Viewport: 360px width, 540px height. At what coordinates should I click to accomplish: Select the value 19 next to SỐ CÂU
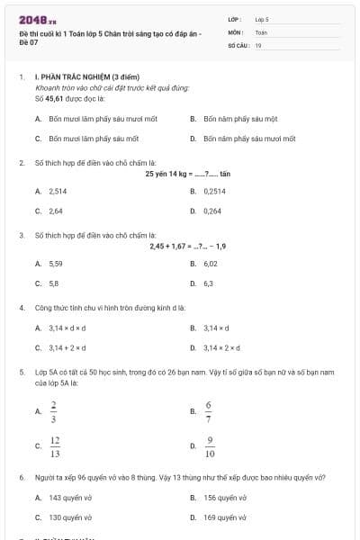pos(258,44)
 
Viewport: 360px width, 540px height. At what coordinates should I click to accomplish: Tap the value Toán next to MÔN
pos(261,31)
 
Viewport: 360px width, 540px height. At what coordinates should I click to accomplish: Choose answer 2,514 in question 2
pos(58,192)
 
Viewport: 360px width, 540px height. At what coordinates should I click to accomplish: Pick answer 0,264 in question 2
pos(213,211)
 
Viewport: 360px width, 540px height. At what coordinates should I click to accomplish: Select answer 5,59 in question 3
pos(56,264)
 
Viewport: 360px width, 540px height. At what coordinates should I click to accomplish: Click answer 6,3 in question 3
pos(209,283)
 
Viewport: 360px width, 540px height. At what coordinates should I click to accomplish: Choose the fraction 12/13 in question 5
pos(55,445)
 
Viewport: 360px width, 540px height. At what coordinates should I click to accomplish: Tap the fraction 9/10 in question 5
pos(210,445)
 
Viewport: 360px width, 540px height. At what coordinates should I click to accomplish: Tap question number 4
pos(21,308)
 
